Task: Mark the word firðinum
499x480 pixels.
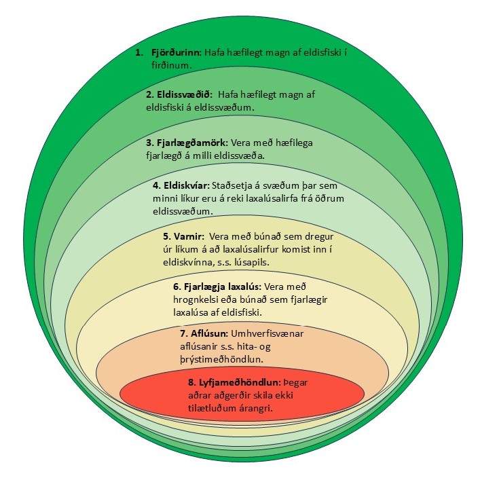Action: (172, 67)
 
